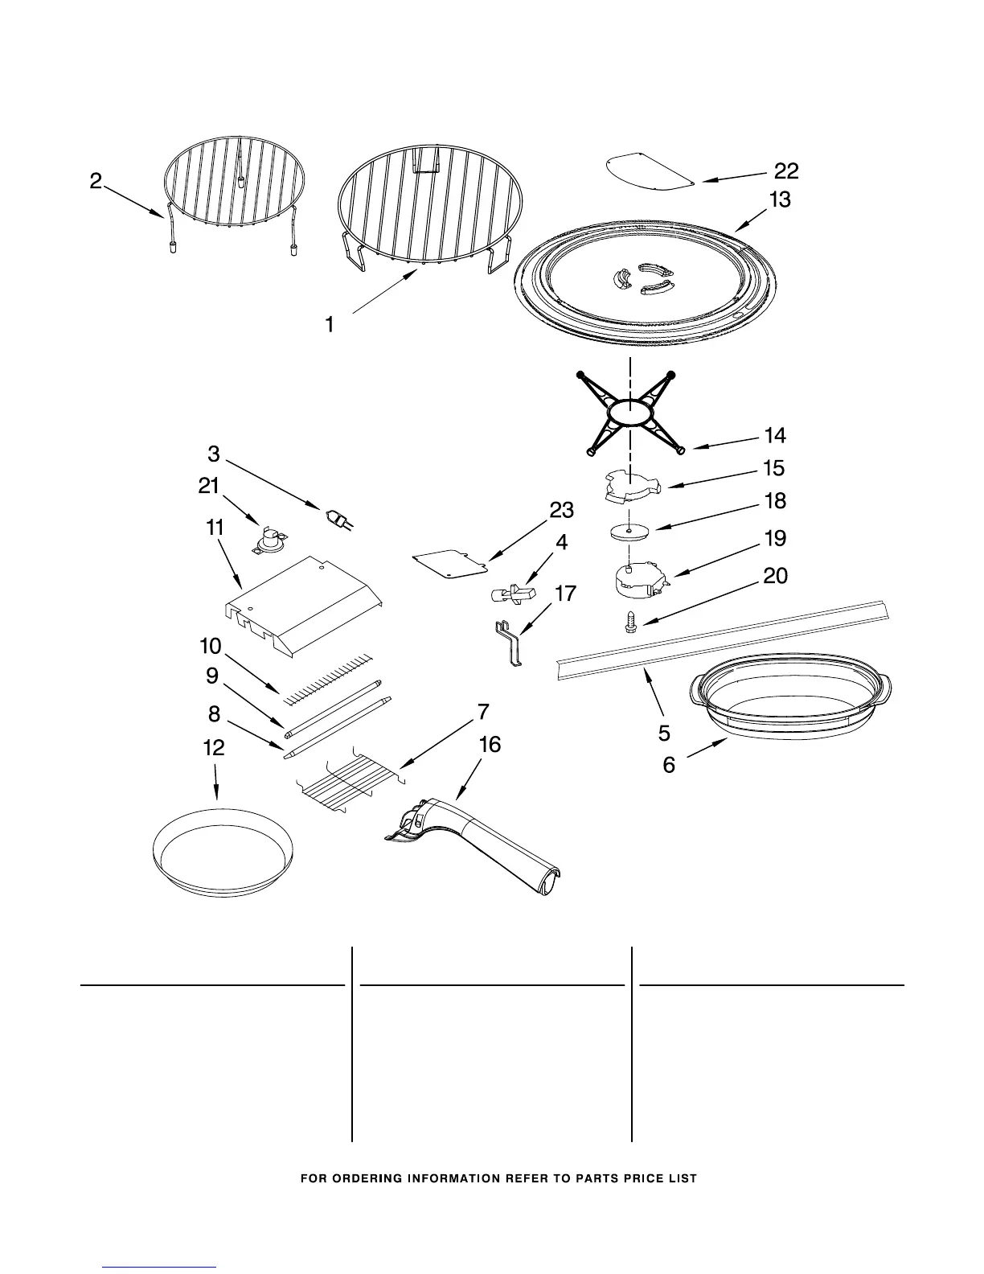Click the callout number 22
[786, 171]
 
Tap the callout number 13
[779, 199]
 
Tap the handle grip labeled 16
[482, 845]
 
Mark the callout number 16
[489, 745]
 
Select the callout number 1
[330, 325]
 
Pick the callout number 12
[214, 748]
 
